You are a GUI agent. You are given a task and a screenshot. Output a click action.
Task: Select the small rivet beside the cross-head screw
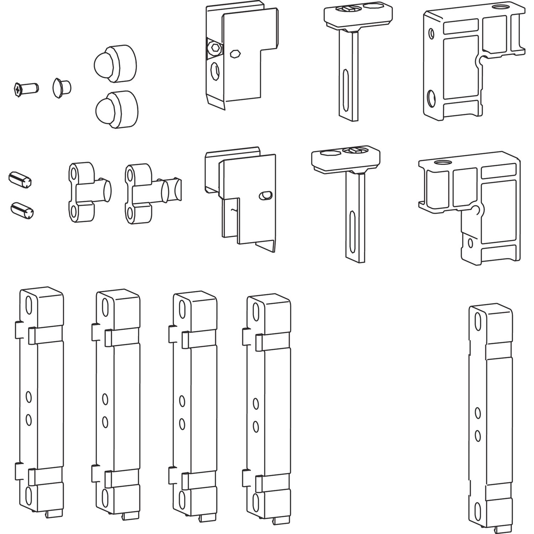pos(62,88)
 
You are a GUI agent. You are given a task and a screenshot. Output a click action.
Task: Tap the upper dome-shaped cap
pos(115,63)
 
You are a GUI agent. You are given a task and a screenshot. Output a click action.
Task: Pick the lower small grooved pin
pos(22,209)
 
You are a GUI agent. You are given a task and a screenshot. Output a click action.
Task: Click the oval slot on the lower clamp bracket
pos(266,195)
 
